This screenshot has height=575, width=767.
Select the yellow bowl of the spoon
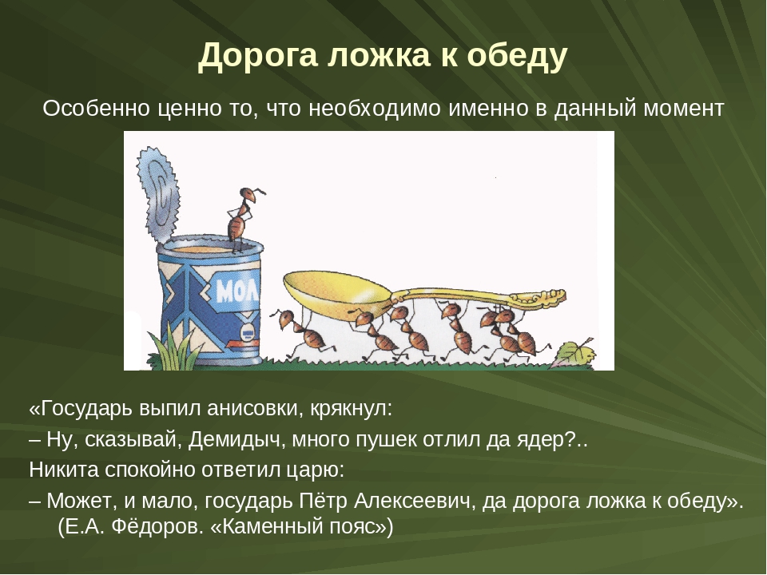point(337,293)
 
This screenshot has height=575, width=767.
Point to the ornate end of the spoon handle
point(538,296)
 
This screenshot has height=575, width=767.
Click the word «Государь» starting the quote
point(81,409)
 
